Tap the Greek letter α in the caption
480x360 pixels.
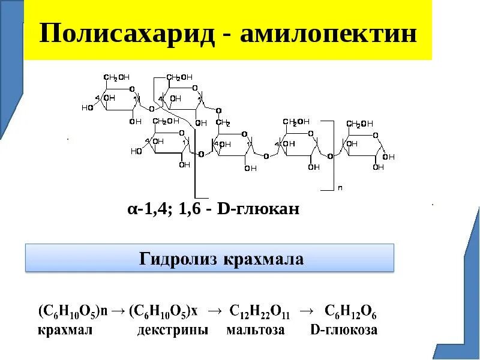(131, 209)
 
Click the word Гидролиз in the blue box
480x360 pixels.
(178, 259)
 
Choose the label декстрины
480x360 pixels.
(172, 330)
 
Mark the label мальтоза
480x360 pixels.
(256, 330)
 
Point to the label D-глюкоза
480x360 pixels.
(343, 330)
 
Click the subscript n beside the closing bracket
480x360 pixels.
(340, 188)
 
